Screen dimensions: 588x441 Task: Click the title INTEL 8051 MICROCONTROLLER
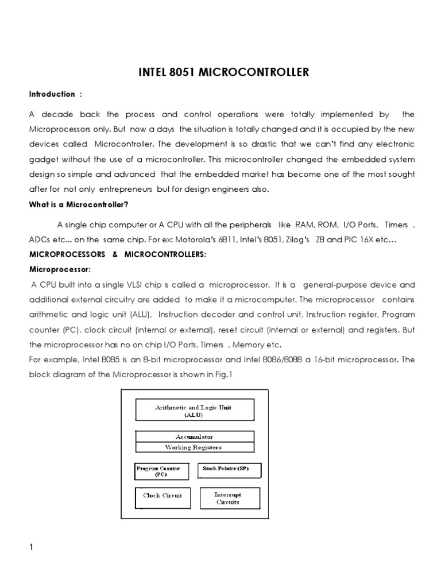(223, 72)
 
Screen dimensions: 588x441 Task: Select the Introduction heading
(52, 94)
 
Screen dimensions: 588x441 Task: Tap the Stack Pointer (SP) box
(229, 469)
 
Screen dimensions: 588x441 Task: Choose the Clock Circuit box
(163, 496)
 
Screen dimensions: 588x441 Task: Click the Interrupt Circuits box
(228, 498)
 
